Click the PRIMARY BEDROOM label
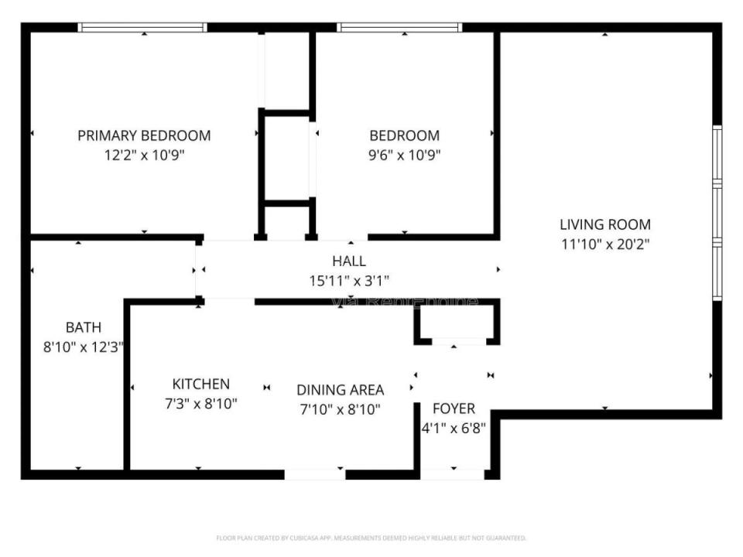pos(144,135)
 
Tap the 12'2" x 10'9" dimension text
pos(144,154)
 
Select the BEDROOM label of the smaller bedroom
pos(404,135)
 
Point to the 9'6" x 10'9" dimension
pos(404,154)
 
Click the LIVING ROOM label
pos(605,225)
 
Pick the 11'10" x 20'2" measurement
pos(605,244)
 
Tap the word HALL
pos(349,261)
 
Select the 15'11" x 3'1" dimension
pos(349,280)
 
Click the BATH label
pos(83,328)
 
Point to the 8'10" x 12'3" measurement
pos(83,347)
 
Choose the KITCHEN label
pos(200,384)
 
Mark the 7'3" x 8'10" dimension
pos(200,403)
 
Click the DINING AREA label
pos(341,390)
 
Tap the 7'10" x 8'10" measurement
pos(341,409)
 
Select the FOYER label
pos(454,408)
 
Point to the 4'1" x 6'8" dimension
pos(454,427)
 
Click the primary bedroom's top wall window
pos(143,27)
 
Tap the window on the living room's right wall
pos(717,213)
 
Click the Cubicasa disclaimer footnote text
pos(371,538)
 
